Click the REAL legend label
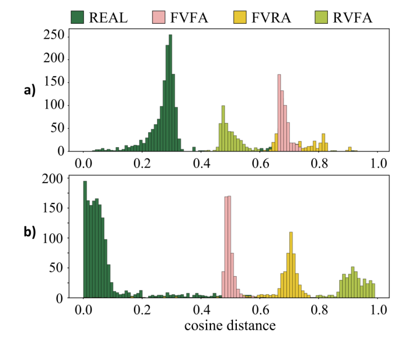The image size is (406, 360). tap(109, 17)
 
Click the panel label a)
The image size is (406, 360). tap(30, 90)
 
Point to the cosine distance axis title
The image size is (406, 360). tap(230, 326)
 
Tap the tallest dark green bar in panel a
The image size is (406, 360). tap(170, 94)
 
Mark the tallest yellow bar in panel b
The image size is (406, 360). tap(291, 265)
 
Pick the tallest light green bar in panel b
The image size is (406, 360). tap(353, 282)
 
